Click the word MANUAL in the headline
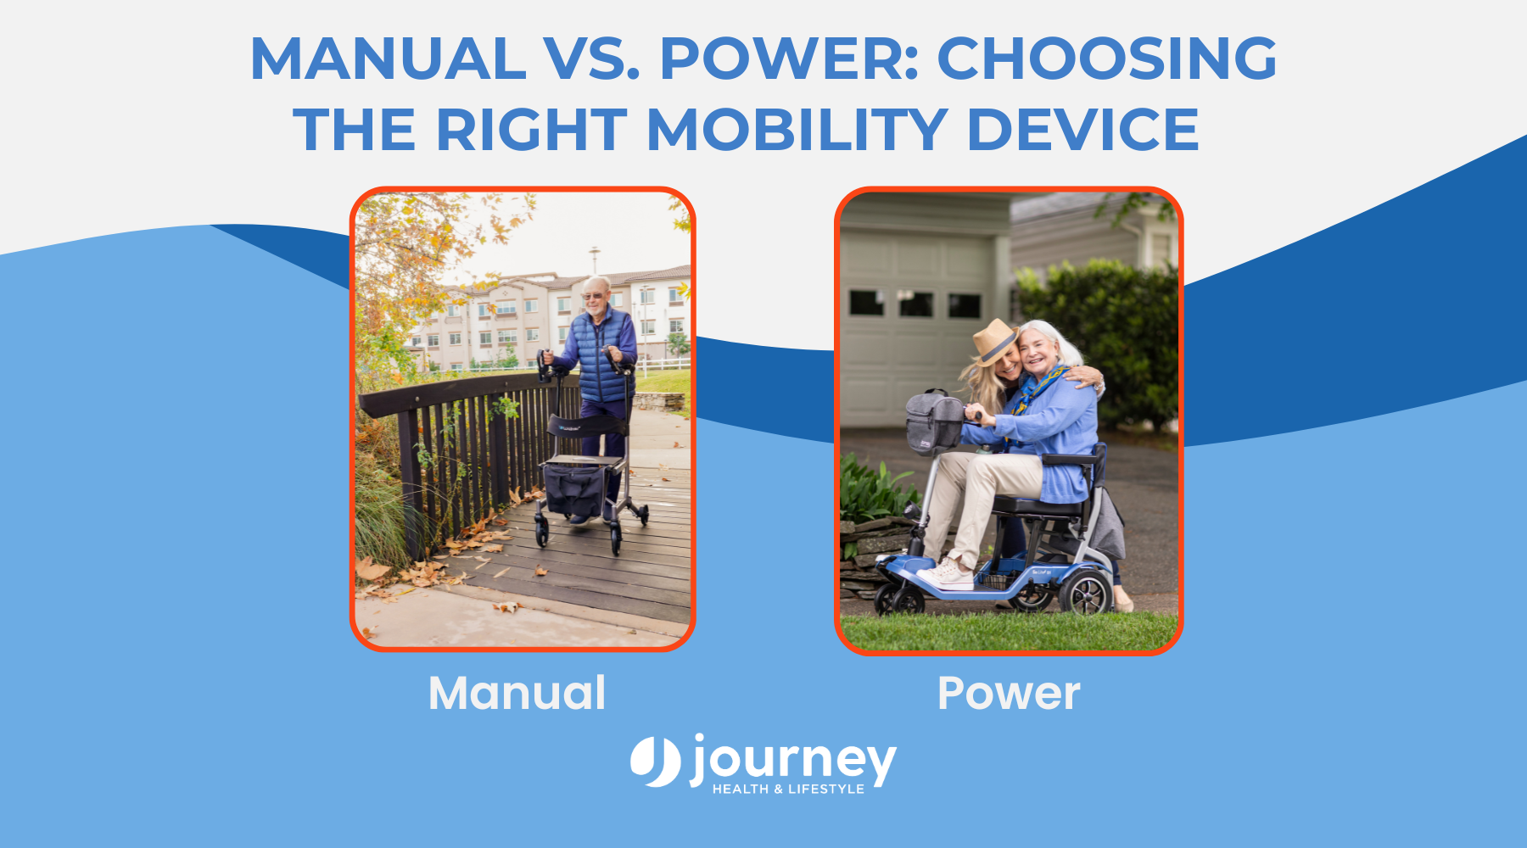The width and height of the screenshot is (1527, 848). coord(388,59)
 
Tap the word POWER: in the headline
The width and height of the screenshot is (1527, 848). coord(789,59)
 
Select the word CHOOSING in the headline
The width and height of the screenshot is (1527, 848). coord(1106,59)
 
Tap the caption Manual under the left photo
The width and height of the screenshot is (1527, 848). coord(517,693)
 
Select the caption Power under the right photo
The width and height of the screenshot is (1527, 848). coord(1008,693)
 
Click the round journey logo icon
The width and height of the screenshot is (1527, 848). coord(656,761)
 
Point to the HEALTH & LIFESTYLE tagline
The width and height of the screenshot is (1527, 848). coord(788,789)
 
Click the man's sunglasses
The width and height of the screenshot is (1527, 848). coord(593,295)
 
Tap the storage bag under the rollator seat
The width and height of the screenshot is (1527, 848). coord(574,489)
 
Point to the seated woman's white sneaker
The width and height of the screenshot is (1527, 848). coord(946,576)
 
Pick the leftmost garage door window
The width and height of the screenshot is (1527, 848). coord(867,303)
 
